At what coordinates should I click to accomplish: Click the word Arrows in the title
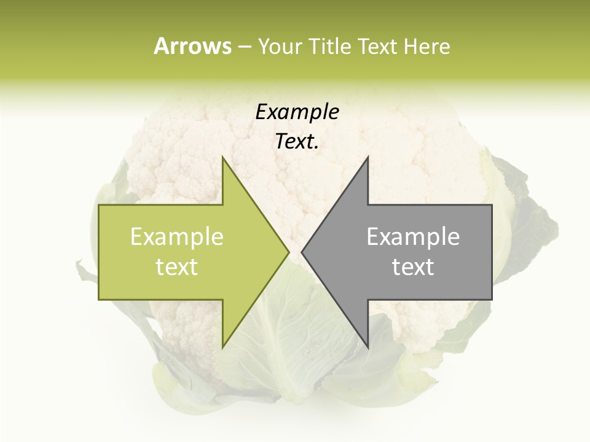coord(192,46)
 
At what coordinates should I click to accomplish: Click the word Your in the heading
coord(281,47)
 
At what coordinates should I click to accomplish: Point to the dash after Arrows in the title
coord(244,47)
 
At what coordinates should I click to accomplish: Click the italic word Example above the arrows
coord(297,112)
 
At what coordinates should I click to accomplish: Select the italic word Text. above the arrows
coord(297,142)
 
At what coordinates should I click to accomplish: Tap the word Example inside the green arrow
coord(177,237)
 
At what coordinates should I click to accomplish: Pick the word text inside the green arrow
coord(177,267)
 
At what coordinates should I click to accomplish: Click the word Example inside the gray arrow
coord(413,237)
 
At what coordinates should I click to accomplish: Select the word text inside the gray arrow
coord(413,267)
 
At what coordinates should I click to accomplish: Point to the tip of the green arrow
coord(288,252)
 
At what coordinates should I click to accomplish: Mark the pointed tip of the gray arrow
coord(302,252)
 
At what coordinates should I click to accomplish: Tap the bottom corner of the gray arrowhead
coord(368,347)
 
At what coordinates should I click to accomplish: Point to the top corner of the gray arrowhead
coord(368,157)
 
